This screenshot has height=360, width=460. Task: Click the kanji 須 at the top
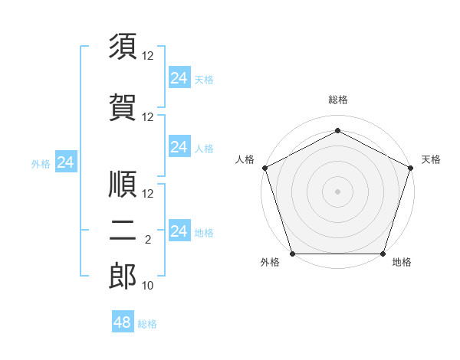(123, 47)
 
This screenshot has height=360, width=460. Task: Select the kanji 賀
(123, 106)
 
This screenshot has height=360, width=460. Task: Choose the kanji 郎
(123, 277)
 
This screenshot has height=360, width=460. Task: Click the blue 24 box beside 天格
(179, 78)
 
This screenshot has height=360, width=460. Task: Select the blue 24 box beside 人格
(179, 147)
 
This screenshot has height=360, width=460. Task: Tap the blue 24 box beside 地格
(179, 231)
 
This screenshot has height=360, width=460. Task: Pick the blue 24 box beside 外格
(66, 162)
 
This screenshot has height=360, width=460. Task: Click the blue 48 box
(123, 322)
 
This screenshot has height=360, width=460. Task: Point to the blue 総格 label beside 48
(147, 324)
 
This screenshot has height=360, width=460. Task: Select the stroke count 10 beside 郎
(148, 286)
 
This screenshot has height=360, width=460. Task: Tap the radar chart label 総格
(337, 100)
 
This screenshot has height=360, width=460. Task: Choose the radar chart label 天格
(431, 159)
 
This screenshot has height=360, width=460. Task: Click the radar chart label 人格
(245, 159)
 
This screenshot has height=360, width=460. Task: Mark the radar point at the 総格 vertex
(337, 131)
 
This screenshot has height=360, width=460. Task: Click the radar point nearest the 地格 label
(383, 254)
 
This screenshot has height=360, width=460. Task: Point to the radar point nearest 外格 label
(293, 254)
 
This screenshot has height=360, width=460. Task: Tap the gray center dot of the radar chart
(337, 191)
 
